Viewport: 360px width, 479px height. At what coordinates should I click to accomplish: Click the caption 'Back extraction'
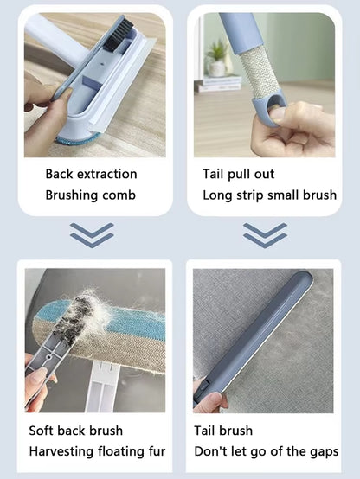[91, 174]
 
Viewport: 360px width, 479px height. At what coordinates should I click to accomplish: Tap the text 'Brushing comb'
[90, 195]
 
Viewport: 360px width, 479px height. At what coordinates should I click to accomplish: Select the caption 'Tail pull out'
[240, 174]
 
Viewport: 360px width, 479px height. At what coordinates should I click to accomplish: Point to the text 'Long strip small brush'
[269, 195]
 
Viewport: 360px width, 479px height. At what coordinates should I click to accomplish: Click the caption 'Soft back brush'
[76, 430]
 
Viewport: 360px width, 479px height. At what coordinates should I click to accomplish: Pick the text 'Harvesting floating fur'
[96, 450]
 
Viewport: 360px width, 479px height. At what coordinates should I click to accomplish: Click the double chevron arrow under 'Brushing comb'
[91, 234]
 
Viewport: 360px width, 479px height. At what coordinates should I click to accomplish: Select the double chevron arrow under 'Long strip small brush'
[265, 234]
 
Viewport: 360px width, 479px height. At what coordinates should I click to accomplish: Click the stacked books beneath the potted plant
[216, 85]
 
